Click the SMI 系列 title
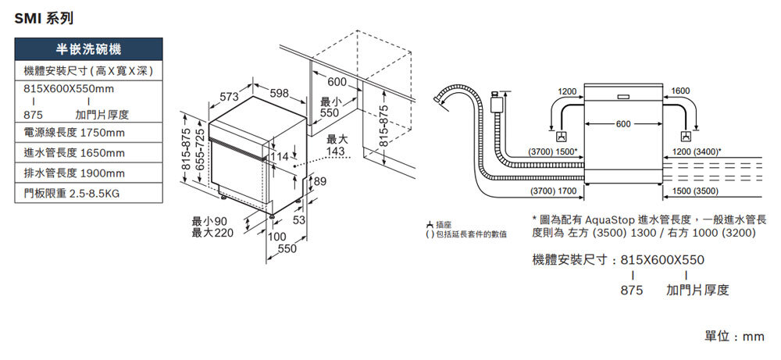[x=45, y=18]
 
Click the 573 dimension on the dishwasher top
[x=229, y=97]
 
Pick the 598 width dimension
[x=279, y=94]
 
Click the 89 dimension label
[x=318, y=181]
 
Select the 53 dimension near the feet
[x=299, y=221]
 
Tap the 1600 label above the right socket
[x=680, y=92]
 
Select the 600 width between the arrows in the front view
[x=622, y=125]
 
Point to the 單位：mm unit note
[x=734, y=336]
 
